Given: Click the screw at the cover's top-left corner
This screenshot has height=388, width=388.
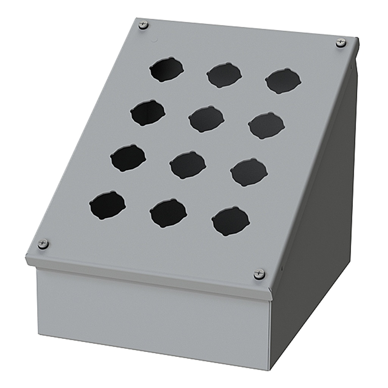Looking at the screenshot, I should pyautogui.click(x=143, y=25).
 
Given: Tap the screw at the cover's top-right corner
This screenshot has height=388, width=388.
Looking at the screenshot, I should pyautogui.click(x=341, y=43).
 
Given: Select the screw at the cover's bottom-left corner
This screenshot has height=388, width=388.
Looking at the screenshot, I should pyautogui.click(x=43, y=244).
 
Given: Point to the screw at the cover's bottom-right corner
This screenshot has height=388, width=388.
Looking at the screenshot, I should pyautogui.click(x=259, y=274).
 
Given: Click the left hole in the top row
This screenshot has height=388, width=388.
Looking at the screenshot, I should pyautogui.click(x=166, y=69).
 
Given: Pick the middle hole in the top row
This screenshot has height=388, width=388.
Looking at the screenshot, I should pyautogui.click(x=224, y=75).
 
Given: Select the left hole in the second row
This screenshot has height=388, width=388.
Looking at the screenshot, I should pyautogui.click(x=148, y=113).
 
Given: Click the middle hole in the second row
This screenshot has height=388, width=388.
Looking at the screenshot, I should pyautogui.click(x=207, y=119).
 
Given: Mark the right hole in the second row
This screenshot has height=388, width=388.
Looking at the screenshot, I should pyautogui.click(x=266, y=125).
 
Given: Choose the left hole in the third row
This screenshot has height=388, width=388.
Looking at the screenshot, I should pyautogui.click(x=128, y=158).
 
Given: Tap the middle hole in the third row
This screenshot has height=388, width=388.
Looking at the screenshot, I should pyautogui.click(x=188, y=165).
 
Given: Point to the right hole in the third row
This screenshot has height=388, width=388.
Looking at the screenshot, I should pyautogui.click(x=249, y=172).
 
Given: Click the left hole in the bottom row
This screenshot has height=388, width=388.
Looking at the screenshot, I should pyautogui.click(x=107, y=205).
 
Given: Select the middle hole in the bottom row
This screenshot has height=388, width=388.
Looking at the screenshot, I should pyautogui.click(x=168, y=213).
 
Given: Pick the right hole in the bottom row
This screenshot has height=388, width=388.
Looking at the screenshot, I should pyautogui.click(x=230, y=221).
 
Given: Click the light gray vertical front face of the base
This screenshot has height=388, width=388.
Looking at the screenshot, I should pyautogui.click(x=152, y=311).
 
